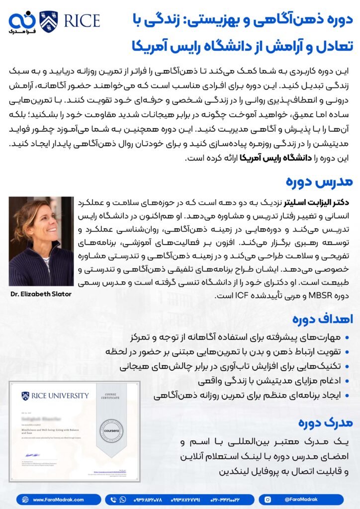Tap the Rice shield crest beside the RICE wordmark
(x=48, y=21)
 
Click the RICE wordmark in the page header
(x=80, y=21)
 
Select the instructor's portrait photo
(x=41, y=241)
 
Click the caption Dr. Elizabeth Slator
(x=41, y=294)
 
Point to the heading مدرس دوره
(x=326, y=181)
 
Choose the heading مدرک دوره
(x=326, y=423)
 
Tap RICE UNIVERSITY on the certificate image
(x=56, y=396)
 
